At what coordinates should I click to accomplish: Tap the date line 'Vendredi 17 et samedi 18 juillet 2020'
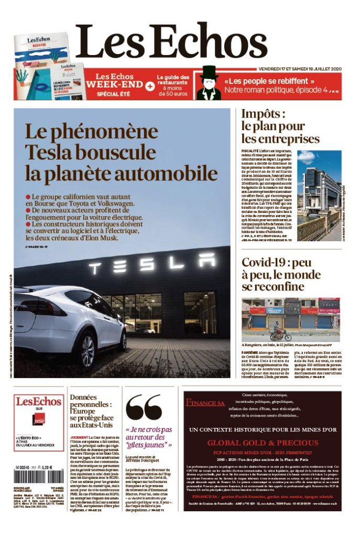click(300, 69)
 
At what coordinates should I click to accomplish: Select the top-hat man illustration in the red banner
click(209, 83)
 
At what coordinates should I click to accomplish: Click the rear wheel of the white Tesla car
click(88, 350)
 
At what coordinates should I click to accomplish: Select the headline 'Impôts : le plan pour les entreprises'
click(280, 126)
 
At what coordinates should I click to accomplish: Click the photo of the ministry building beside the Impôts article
click(319, 196)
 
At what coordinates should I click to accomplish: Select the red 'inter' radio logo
click(38, 420)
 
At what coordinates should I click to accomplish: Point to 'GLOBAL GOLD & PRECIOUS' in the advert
click(269, 443)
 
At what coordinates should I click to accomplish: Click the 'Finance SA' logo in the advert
click(205, 403)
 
